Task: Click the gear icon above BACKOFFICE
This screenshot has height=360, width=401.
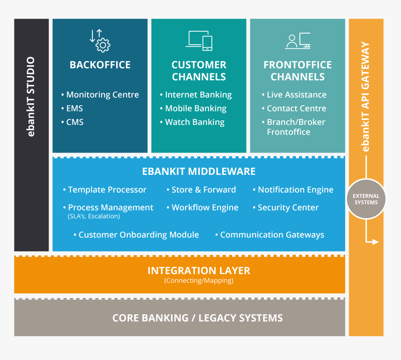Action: pos(100,41)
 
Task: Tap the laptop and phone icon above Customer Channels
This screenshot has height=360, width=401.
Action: pos(199,41)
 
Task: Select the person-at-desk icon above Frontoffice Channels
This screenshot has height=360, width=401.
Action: pos(297,41)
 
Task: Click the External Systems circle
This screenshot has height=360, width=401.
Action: pos(366,199)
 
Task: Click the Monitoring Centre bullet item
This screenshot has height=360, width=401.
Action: pos(102,95)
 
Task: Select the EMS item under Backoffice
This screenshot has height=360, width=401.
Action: pos(74,109)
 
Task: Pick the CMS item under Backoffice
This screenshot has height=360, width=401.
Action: pos(75,122)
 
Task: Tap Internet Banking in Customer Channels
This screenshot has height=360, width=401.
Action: pos(198,95)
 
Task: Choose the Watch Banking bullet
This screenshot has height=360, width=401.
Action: pos(194,122)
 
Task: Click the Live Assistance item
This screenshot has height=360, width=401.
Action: pos(297,95)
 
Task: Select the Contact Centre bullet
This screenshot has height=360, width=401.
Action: pos(296,109)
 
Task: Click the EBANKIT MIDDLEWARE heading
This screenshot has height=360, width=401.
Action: pos(199,171)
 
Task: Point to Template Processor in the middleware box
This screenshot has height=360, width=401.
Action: pos(107,190)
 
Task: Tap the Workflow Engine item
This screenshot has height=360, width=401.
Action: pos(205,208)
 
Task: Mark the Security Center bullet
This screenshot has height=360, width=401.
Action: pos(288,208)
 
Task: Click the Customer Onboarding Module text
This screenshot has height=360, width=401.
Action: pos(138,235)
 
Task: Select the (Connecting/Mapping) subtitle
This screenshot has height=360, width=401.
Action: pos(199,281)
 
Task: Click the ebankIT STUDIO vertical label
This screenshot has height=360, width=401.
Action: pos(31,97)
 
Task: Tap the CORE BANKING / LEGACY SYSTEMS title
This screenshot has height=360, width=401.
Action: pos(197,318)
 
